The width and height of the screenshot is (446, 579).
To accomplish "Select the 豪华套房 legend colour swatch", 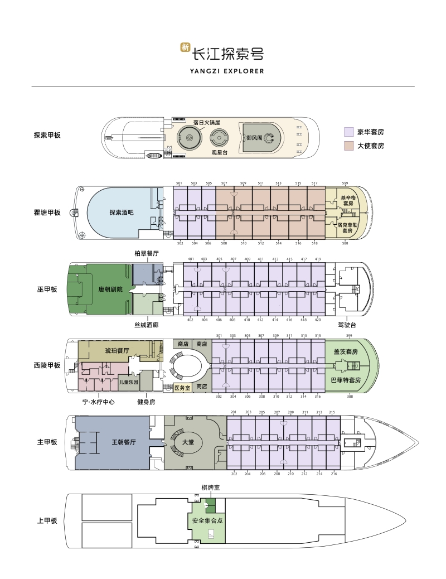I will coord(348,132).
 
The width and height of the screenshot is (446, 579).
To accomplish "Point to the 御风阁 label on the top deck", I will coord(254,137).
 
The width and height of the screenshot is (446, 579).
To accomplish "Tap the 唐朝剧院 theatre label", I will coord(110,289).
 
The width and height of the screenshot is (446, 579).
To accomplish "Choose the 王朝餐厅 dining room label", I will coord(123,442).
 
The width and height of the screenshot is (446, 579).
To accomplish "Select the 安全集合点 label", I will coord(207,520).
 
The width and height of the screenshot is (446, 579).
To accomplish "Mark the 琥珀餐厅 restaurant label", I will coord(117,351).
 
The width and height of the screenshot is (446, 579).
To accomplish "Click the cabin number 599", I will coord(345,184).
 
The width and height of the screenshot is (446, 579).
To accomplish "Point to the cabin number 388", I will coord(350,397).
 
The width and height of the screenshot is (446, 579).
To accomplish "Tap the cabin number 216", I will coord(333,474).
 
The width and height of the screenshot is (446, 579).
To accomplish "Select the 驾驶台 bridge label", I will coord(347,325).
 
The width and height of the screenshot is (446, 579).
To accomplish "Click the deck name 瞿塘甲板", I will coord(47,213).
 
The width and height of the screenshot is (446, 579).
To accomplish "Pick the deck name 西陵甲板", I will coord(47,365).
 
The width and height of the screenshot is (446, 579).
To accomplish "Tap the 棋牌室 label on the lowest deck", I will coord(210,488).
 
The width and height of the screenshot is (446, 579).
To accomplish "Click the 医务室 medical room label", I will coord(182,387).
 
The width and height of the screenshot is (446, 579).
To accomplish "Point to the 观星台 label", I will coord(217,152).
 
